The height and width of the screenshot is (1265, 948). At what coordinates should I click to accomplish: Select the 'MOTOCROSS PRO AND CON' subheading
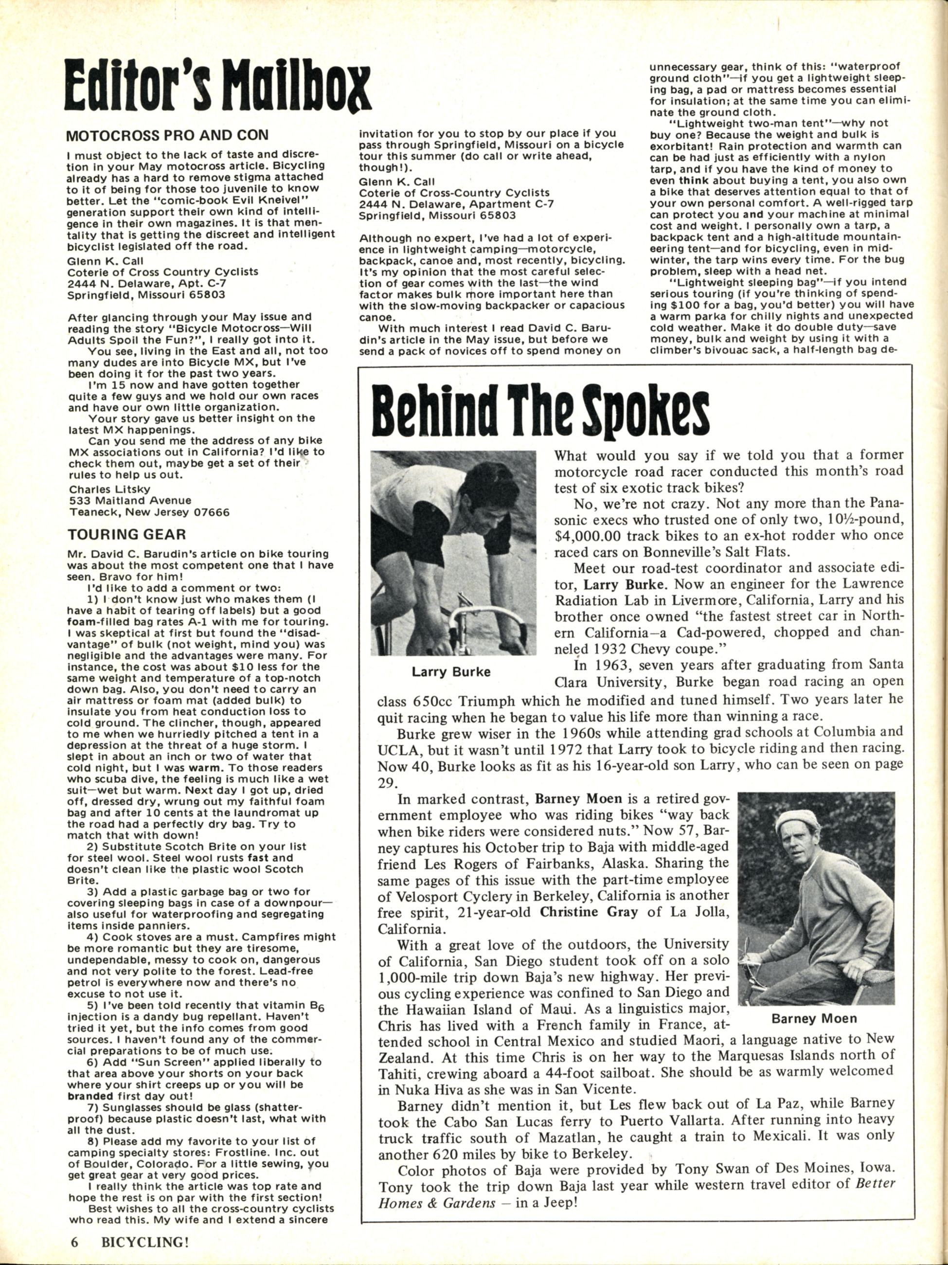(x=167, y=137)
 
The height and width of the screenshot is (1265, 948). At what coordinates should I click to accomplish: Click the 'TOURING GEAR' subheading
(x=126, y=535)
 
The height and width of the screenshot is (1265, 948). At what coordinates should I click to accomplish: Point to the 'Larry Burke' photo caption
(x=451, y=671)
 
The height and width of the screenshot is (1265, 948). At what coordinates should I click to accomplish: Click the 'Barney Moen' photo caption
(x=814, y=1018)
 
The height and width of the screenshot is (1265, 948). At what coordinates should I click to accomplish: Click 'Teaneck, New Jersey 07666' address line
(x=149, y=512)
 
